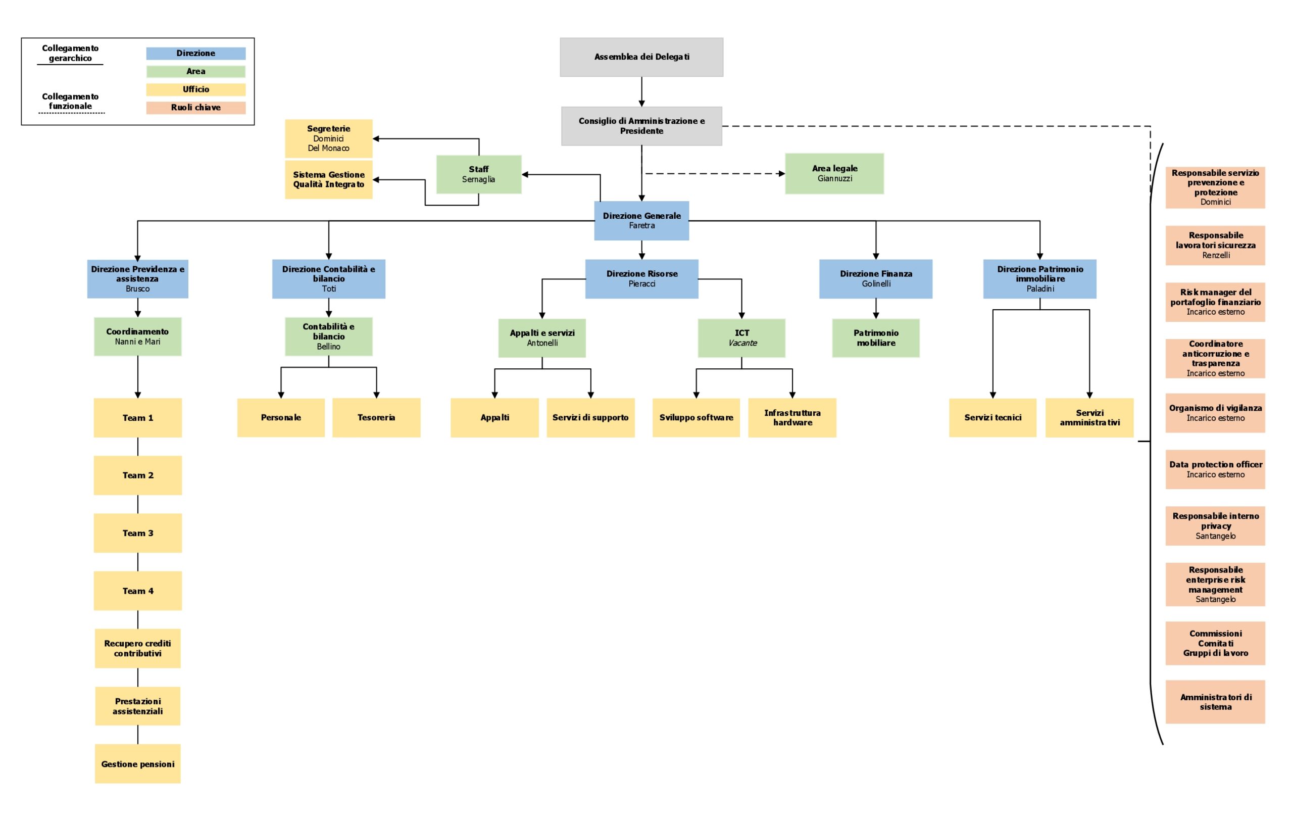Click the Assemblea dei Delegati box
(641, 57)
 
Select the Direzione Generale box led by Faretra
(641, 221)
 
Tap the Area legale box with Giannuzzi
(834, 173)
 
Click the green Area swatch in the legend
(195, 71)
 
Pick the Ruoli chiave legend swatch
(195, 108)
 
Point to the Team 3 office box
(137, 533)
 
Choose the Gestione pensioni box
(137, 763)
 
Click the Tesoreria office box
(376, 417)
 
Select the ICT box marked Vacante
(741, 338)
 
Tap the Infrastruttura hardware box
(792, 417)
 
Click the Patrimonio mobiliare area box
(876, 338)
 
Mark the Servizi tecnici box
(992, 417)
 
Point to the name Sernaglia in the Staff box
(478, 179)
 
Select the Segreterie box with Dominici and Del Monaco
(328, 138)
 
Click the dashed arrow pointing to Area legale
(714, 173)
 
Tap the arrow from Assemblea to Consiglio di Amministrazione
(641, 91)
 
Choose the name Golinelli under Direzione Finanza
(876, 283)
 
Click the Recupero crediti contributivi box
(137, 648)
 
